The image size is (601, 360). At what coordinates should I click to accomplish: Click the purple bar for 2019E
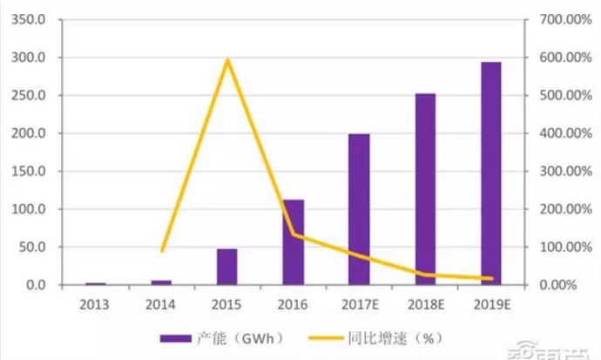click(491, 173)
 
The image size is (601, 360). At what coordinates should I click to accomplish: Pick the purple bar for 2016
click(294, 242)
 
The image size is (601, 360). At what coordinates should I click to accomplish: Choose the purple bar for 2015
click(226, 267)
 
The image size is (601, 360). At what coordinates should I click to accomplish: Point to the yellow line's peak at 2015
click(227, 60)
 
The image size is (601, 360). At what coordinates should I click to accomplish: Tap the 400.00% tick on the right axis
click(560, 133)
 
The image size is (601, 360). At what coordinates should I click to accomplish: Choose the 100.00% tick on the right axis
click(560, 248)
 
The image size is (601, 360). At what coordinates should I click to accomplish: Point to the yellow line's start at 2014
click(162, 250)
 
